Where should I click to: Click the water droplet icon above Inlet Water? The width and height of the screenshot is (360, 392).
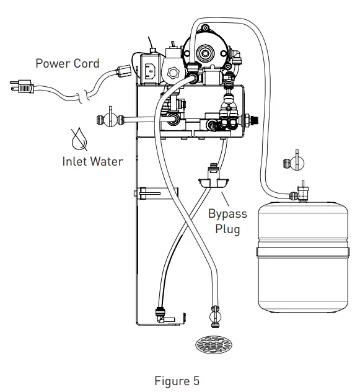click(79, 140)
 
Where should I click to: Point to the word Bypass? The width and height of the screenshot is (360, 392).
click(227, 213)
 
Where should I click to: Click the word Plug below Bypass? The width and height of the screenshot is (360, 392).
click(227, 228)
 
